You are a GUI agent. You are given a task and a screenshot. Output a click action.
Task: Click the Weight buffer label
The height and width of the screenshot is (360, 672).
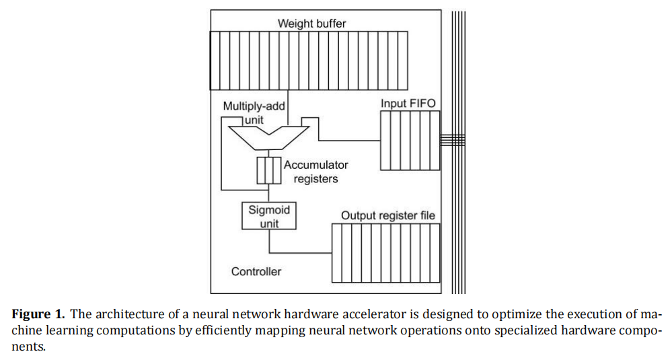point(312,24)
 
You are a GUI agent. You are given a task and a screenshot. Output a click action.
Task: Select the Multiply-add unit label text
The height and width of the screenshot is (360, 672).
point(254,112)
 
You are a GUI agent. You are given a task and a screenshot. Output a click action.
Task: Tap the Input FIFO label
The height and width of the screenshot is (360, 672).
point(408,103)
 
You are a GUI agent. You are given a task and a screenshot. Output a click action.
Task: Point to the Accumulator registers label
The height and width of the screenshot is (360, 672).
point(315,172)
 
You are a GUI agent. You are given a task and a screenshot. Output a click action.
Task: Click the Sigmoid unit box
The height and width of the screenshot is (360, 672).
point(269,215)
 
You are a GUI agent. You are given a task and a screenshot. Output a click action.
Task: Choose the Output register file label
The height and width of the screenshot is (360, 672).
point(387,215)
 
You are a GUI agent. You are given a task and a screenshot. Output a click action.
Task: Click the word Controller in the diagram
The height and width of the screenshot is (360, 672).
point(256,271)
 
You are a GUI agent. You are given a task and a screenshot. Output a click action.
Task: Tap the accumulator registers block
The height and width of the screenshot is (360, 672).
point(269,170)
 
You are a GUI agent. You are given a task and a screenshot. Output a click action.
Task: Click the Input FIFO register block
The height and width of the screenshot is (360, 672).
point(410,141)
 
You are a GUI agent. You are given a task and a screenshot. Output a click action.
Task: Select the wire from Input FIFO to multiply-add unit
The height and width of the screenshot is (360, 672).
point(350,140)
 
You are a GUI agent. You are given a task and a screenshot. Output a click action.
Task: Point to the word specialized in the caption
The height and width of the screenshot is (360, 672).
point(506,331)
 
